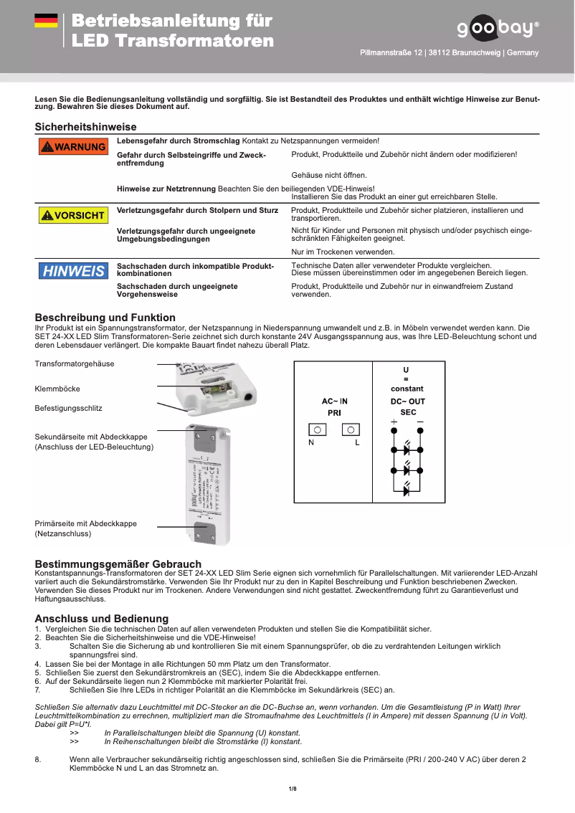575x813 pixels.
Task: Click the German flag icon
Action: point(46,21)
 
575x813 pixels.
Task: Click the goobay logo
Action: point(497,28)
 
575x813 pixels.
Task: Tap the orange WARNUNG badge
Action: point(72,146)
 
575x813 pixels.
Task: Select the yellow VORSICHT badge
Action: point(72,215)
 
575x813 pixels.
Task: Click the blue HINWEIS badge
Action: point(72,271)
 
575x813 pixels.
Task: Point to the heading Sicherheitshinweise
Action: point(85,127)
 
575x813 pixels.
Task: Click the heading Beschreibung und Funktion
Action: point(105,318)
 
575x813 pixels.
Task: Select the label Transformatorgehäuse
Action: point(74,364)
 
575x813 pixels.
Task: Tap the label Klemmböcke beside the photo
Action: point(57,389)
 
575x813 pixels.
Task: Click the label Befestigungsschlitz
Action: point(68,408)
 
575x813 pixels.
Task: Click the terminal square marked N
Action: point(317,429)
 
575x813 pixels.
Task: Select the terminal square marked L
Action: point(351,429)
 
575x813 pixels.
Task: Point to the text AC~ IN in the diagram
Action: point(334,401)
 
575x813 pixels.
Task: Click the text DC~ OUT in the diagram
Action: point(407,401)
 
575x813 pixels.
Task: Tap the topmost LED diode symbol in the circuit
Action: point(407,450)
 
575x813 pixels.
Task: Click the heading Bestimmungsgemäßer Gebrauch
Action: point(118,564)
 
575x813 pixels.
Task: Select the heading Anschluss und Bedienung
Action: point(101,618)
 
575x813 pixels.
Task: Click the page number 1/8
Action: point(292,789)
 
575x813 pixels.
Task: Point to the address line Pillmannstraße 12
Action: point(449,53)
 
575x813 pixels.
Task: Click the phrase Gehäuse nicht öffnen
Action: point(329,175)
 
